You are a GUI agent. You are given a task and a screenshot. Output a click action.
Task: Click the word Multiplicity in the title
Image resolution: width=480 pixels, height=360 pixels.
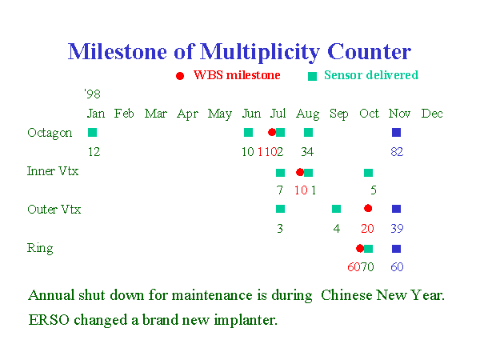[x=260, y=52]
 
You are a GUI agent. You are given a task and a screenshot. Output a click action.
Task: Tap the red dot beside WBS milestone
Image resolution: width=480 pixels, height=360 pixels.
[x=180, y=76]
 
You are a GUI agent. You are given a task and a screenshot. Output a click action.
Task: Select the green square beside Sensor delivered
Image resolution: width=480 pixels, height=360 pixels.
[x=312, y=76]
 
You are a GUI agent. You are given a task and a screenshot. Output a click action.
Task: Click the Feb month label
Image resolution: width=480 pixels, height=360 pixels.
[x=124, y=114]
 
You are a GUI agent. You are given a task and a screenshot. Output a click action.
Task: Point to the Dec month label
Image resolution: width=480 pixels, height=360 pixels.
[x=432, y=114]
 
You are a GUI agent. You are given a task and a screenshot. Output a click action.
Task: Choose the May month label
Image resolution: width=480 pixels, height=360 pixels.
[x=220, y=114]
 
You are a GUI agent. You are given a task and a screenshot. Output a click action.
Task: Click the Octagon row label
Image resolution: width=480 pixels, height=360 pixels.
[x=50, y=133]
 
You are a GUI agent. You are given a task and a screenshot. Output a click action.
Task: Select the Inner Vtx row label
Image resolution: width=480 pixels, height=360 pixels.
[x=53, y=171]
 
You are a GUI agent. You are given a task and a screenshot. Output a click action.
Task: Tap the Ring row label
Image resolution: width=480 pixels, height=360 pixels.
[x=40, y=248]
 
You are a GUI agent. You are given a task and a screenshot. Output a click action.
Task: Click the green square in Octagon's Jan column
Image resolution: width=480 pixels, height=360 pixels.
[x=93, y=133]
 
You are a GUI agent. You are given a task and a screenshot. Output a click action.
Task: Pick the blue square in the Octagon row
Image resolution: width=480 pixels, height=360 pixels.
[x=397, y=133]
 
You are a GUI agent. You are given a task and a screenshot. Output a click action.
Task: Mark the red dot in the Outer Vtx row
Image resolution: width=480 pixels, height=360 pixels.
[x=368, y=209]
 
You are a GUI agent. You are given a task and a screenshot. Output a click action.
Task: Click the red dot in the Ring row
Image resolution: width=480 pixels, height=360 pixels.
[x=360, y=249]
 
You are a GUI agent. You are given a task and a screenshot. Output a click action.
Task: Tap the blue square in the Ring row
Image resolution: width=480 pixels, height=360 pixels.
[x=397, y=249]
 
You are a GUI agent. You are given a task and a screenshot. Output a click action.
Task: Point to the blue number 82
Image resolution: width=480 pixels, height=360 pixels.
[x=397, y=152]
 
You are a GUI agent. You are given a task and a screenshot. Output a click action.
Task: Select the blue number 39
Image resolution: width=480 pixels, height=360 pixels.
[x=397, y=228]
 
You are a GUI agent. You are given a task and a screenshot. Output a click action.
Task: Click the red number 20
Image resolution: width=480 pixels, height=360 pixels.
[x=367, y=228]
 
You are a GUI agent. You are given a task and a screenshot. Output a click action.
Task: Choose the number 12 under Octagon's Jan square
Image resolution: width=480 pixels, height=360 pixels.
[x=94, y=152]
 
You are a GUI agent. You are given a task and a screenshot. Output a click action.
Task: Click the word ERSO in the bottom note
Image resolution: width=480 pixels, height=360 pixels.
[x=49, y=320]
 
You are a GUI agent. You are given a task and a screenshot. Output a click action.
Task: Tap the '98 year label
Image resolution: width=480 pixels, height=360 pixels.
[x=93, y=94]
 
